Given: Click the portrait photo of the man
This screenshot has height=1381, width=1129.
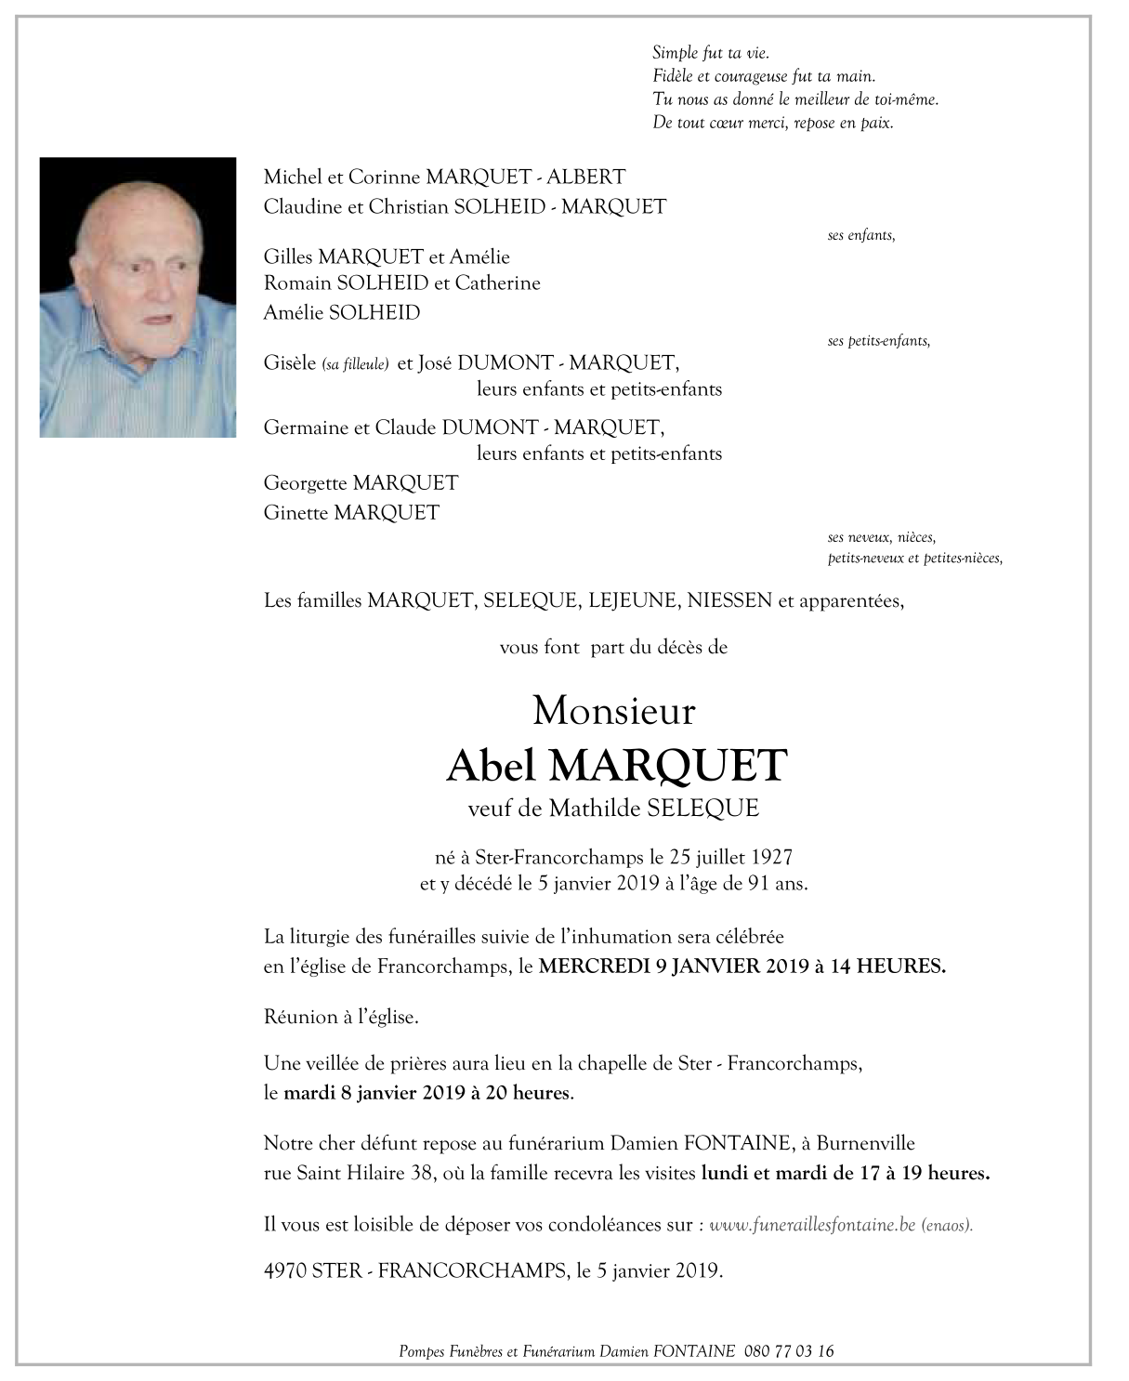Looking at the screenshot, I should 138,296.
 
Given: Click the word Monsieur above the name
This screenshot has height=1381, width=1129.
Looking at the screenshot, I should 613,712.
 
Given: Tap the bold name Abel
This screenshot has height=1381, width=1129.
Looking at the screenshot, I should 492,765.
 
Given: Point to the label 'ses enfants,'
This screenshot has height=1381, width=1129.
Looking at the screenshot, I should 861,236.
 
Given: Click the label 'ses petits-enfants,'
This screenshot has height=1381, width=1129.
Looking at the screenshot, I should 878,341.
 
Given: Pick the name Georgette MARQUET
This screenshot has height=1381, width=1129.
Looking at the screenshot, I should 361,483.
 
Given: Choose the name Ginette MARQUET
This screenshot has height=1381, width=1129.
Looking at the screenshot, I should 351,512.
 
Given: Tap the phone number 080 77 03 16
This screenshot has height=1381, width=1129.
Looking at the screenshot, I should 789,1351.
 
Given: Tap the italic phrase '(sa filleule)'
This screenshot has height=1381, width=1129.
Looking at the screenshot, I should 355,365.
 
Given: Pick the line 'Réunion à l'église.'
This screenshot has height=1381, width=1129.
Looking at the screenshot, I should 341,1017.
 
